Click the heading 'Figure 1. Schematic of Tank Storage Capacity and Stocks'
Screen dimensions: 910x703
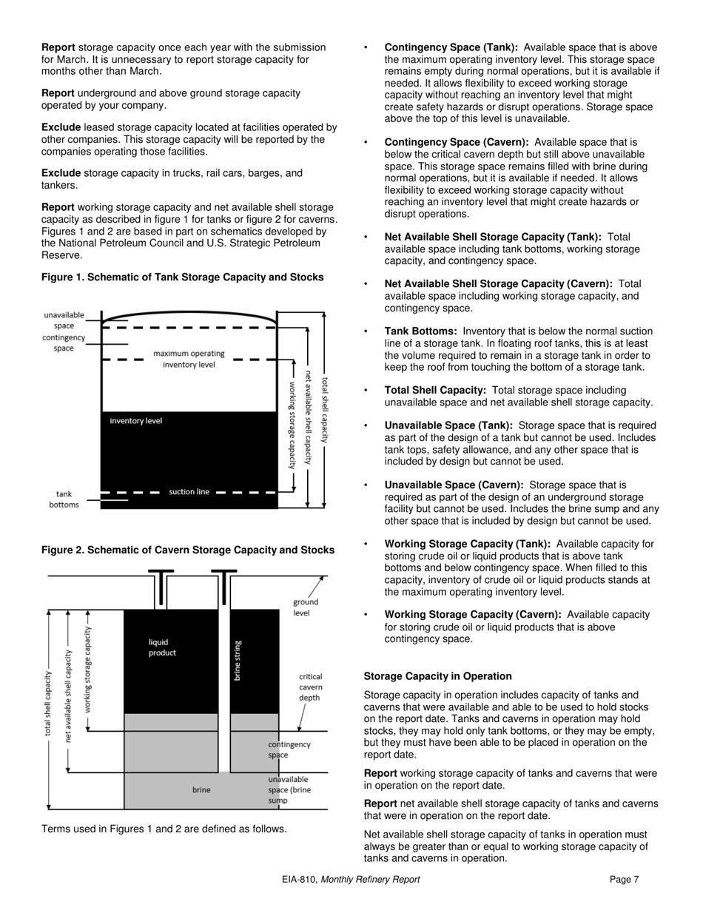(182, 277)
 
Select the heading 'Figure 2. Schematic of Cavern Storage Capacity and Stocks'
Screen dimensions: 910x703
(187, 550)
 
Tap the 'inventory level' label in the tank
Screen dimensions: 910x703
(135, 421)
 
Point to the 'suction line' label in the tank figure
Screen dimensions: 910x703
(189, 492)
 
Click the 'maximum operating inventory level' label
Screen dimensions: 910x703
(189, 359)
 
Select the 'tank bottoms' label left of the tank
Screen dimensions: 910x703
(64, 499)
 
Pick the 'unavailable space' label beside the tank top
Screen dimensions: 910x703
(64, 320)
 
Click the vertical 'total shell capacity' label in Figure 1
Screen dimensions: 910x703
(326, 409)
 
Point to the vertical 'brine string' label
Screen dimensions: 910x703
(238, 660)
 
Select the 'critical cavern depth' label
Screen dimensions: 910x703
(310, 687)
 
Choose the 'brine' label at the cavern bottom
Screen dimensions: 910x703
(201, 790)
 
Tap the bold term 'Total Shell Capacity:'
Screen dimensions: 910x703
(435, 391)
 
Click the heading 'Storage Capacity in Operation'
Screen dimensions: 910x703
(437, 676)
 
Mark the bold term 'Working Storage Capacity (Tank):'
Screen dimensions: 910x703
(467, 545)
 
